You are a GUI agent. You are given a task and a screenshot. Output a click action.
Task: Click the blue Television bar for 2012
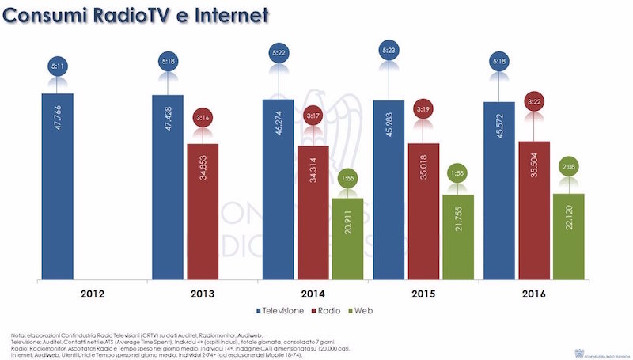click(58, 186)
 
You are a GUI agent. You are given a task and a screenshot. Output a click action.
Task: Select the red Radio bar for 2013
click(202, 211)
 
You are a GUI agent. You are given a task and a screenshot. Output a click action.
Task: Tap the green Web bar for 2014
click(347, 238)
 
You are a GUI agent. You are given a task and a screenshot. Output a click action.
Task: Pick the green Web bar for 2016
click(568, 236)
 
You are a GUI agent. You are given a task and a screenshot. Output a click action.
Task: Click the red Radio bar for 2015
click(423, 210)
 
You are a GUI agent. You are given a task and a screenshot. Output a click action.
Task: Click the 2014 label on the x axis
click(312, 294)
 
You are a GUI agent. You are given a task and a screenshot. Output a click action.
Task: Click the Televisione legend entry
click(289, 310)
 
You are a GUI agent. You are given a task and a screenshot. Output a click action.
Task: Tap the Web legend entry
click(383, 310)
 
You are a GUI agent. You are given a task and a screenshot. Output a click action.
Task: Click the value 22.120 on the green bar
click(568, 233)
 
